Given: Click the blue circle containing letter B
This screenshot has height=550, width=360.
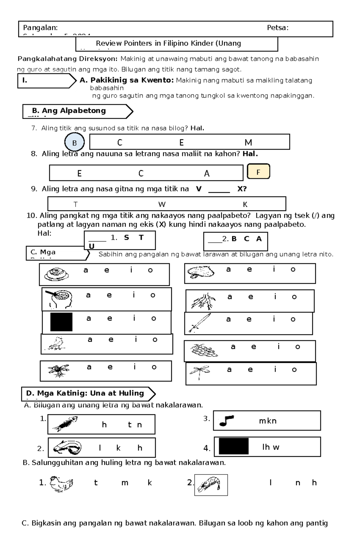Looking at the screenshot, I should coord(74,143).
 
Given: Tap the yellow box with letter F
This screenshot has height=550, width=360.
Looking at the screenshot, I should coord(258,172).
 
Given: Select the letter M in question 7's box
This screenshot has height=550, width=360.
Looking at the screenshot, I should coord(248,142).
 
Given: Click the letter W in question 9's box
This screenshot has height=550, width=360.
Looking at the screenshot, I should coord(162,204).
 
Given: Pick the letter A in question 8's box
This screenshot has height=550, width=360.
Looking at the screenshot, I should coord(207,174).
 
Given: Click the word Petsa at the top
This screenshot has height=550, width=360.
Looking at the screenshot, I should coord(277,28).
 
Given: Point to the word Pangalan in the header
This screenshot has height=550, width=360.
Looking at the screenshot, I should coord(40,28).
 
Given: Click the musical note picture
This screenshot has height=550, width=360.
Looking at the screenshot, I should coord(226,421).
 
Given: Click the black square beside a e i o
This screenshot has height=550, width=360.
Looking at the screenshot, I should coord(61,322).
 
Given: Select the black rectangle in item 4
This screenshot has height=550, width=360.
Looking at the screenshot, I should coord(233,446).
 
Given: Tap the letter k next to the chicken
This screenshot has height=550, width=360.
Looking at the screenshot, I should coord(149,483).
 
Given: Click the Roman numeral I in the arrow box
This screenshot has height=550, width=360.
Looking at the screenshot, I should coord(25,80).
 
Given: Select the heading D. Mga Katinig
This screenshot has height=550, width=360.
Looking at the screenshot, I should coord(85,393).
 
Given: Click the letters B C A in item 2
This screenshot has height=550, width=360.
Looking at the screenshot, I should coord(247,239).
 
